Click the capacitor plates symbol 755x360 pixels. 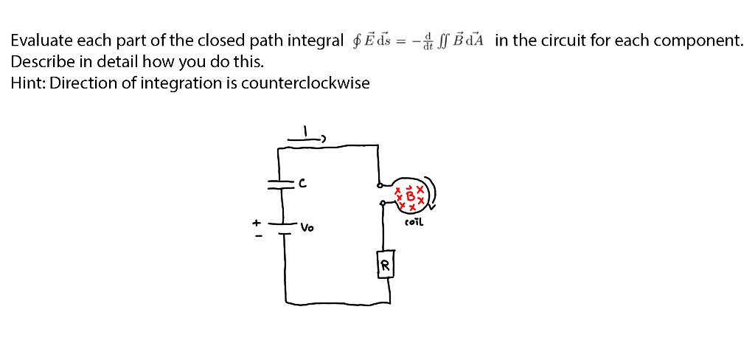(x=278, y=183)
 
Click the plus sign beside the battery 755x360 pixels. (x=257, y=221)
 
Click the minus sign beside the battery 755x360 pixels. (x=257, y=236)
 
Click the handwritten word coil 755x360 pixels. (x=414, y=221)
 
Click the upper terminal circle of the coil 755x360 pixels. (x=379, y=186)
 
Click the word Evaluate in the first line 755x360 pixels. (x=38, y=41)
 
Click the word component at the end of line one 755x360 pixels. (x=703, y=41)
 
